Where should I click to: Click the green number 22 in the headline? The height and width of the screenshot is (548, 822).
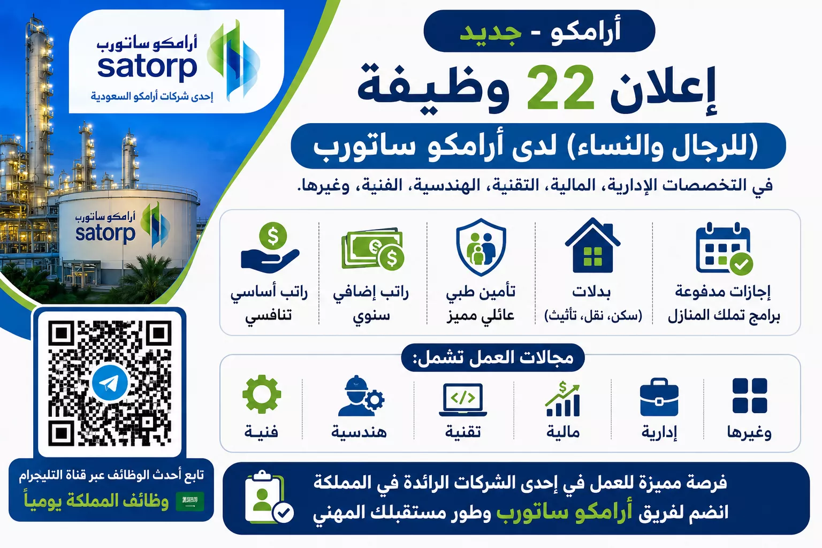point(560,88)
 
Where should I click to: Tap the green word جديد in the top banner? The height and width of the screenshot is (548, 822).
point(490,32)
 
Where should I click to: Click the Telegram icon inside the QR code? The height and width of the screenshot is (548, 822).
point(110,383)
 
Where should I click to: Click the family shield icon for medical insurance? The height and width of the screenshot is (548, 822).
point(481,247)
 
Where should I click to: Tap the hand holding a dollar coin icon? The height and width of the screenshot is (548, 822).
point(270,248)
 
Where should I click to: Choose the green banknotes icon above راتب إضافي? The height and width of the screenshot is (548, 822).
point(372,248)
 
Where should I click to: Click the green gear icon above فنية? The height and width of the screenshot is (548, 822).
point(262,394)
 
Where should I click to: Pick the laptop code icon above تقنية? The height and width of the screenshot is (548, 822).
point(463,400)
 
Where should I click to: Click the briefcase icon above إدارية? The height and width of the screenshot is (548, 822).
point(659,397)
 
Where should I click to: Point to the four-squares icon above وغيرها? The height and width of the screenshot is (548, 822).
point(750,395)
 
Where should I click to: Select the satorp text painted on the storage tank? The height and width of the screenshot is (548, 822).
point(105,233)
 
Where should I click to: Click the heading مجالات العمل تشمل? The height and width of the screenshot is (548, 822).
point(493,357)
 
